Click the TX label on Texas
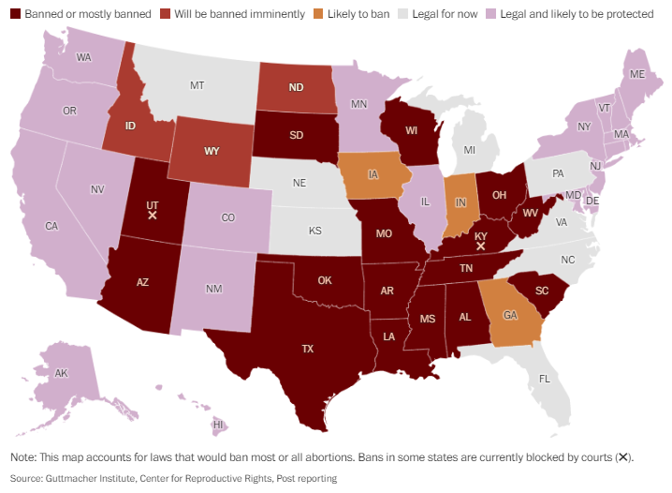click(307, 349)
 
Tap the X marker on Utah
click(153, 216)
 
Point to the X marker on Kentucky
click(481, 246)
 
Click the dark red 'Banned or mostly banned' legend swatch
click(15, 15)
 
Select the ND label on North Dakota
click(295, 88)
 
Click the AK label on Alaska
click(62, 373)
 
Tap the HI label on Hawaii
click(218, 425)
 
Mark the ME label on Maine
click(637, 73)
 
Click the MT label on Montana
click(197, 85)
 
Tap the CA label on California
click(51, 226)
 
